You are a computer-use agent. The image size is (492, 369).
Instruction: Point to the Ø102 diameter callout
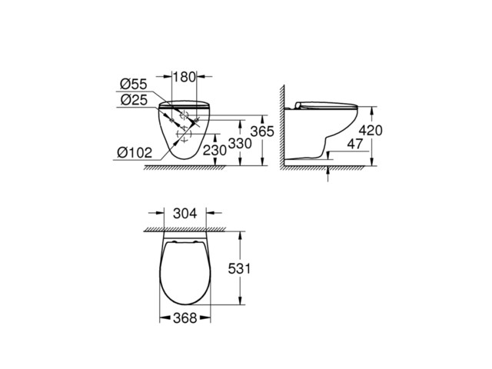click(134, 151)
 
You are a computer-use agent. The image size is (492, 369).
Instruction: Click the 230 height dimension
click(214, 151)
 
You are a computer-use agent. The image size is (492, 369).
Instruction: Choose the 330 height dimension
click(241, 144)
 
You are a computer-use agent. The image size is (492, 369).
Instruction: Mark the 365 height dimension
click(264, 131)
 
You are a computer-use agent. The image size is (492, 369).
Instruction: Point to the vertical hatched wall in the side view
click(282, 131)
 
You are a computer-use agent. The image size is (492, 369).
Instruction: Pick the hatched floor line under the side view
click(331, 165)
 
